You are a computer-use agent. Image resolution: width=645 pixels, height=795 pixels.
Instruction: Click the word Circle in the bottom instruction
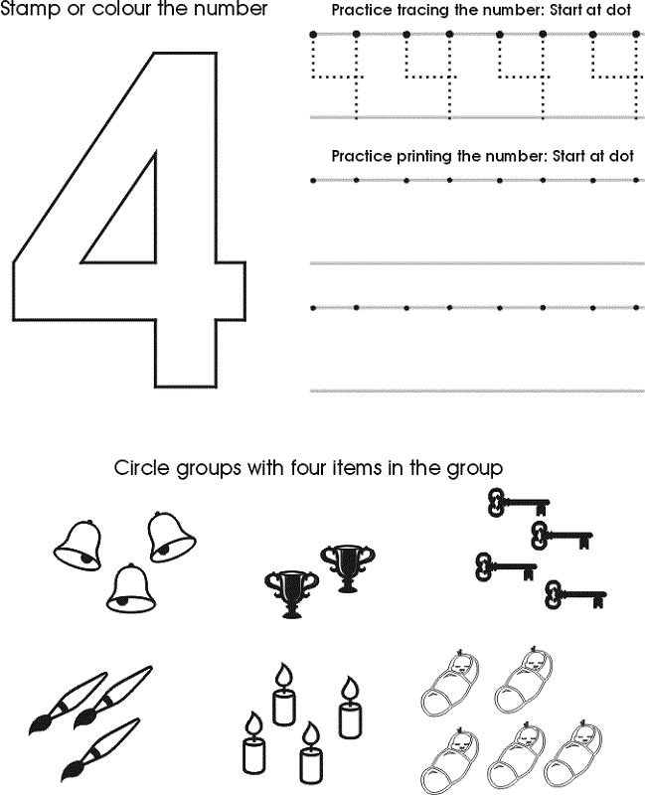pos(142,467)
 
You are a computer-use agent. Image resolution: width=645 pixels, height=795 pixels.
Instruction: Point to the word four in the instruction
pos(309,467)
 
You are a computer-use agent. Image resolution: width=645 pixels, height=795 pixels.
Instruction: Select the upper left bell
pos(79,546)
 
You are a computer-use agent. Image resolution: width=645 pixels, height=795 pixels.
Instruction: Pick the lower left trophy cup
pos(291,594)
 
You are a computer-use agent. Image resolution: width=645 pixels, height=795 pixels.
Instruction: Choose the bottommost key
pos(575,594)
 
